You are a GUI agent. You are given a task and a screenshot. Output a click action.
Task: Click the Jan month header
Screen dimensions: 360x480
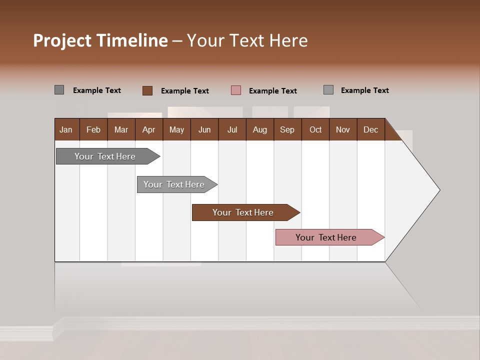66,129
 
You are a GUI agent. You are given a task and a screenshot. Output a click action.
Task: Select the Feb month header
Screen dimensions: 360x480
93,129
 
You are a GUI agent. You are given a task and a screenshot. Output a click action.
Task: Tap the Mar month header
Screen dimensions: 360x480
121,129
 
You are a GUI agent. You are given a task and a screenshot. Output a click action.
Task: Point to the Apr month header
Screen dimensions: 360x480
149,129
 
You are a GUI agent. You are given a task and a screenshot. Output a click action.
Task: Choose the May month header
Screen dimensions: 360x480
176,129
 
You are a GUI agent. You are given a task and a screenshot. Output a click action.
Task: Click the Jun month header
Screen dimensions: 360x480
204,129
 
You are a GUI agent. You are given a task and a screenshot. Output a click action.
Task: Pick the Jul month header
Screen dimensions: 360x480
232,129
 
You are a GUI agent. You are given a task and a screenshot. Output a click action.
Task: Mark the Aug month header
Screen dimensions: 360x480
260,129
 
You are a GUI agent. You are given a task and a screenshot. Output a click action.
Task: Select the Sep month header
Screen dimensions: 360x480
287,129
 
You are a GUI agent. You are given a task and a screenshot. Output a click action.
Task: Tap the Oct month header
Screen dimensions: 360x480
315,129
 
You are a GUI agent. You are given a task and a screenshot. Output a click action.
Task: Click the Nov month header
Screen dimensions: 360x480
343,129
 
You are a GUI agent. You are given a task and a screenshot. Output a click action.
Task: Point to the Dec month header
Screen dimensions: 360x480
371,129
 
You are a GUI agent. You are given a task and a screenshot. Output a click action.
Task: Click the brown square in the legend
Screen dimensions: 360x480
147,90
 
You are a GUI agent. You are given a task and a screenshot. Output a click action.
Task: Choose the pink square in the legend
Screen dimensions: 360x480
236,90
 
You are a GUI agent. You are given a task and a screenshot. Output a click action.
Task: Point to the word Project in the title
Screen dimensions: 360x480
62,40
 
